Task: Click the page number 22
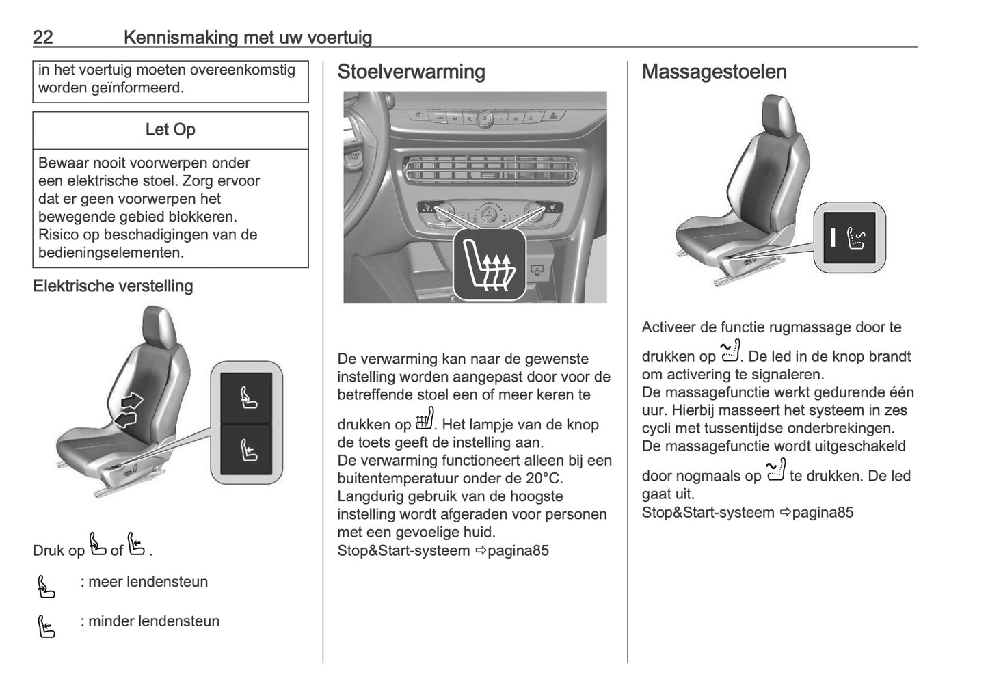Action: pyautogui.click(x=42, y=37)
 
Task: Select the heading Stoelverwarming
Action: pyautogui.click(x=411, y=72)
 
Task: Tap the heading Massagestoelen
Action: pyautogui.click(x=714, y=72)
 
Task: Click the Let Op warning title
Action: pyautogui.click(x=170, y=130)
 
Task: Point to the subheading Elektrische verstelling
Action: pyautogui.click(x=113, y=286)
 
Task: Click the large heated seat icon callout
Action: pyautogui.click(x=490, y=265)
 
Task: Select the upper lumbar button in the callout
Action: pyautogui.click(x=246, y=398)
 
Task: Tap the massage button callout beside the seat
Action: pyautogui.click(x=850, y=238)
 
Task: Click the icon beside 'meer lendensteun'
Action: pyautogui.click(x=46, y=587)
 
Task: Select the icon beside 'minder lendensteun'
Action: pyautogui.click(x=46, y=626)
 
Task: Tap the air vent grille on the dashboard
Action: pyautogui.click(x=488, y=169)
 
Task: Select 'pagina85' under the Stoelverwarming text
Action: pyautogui.click(x=518, y=551)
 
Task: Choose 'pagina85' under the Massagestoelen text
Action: pyautogui.click(x=822, y=513)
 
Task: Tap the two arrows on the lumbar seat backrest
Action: pyautogui.click(x=128, y=410)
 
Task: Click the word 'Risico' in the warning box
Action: pyautogui.click(x=62, y=235)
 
